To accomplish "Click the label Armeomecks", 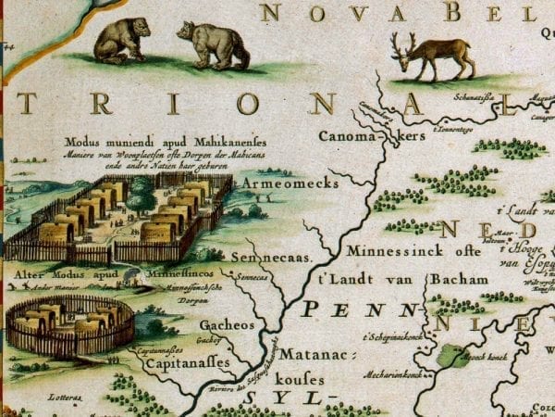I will click(274, 184).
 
